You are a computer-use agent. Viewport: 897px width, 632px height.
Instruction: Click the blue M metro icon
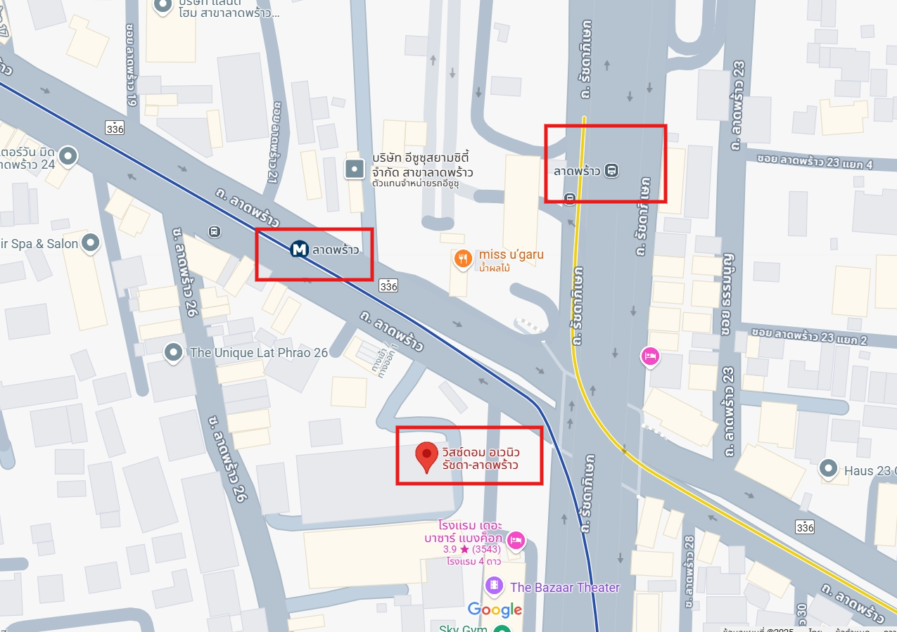pyautogui.click(x=300, y=249)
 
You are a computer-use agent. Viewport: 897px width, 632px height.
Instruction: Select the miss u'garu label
pyautogui.click(x=511, y=254)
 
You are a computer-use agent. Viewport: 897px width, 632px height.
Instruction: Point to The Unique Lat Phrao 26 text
pyautogui.click(x=259, y=352)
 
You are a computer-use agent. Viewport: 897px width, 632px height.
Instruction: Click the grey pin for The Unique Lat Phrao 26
pyautogui.click(x=173, y=352)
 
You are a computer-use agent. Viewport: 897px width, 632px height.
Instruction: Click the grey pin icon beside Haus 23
pyautogui.click(x=829, y=467)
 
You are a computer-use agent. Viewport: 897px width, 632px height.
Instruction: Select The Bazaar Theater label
pyautogui.click(x=565, y=587)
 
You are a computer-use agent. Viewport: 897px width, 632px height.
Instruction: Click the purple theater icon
pyautogui.click(x=495, y=585)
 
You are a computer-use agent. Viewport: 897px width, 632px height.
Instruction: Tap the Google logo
pyautogui.click(x=495, y=610)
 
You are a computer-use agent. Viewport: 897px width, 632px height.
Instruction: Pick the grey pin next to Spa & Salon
pyautogui.click(x=90, y=243)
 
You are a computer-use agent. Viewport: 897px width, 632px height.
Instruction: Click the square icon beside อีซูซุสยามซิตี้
pyautogui.click(x=354, y=169)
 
